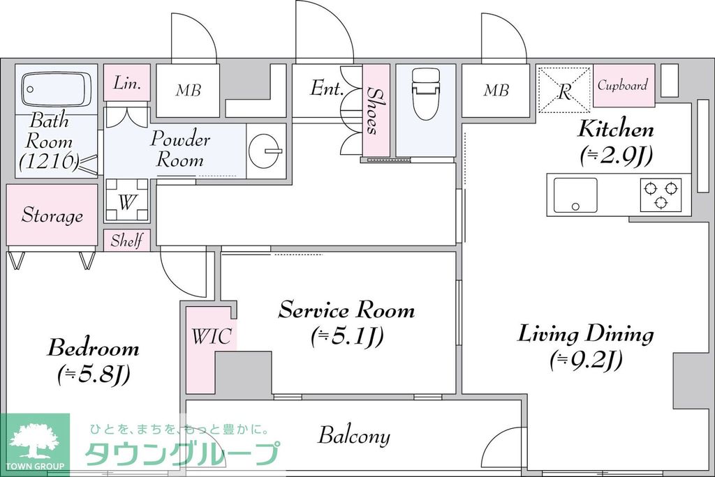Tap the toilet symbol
coord(425,93)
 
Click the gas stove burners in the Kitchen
coord(661,195)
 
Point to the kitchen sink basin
coord(575,195)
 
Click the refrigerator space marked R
coord(564,89)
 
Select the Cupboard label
coord(623,85)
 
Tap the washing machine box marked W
coord(126,202)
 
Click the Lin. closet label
coord(127,83)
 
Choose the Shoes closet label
coord(375,110)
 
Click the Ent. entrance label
coord(326,89)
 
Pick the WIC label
coord(211,337)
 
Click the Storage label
coord(52,215)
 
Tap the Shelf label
coord(126,241)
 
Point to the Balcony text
coord(354,437)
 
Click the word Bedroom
coord(93,347)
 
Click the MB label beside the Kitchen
coord(496,90)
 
